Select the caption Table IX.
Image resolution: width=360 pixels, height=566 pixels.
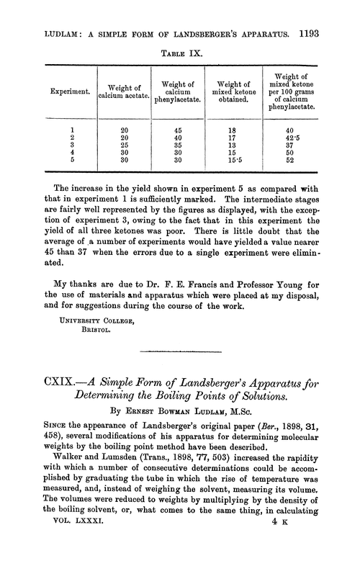click(179, 33)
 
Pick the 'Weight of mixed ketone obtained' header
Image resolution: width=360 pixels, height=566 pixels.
click(235, 92)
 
